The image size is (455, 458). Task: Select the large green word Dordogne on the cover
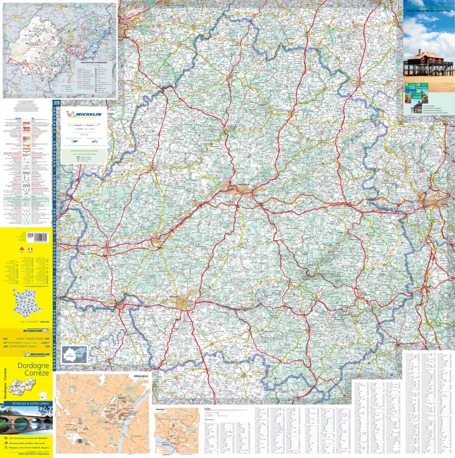tap(33, 366)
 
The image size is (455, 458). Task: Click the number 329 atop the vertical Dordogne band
tap(57, 103)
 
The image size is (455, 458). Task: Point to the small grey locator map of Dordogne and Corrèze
tap(74, 355)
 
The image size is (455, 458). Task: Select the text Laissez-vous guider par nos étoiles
tap(428, 11)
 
